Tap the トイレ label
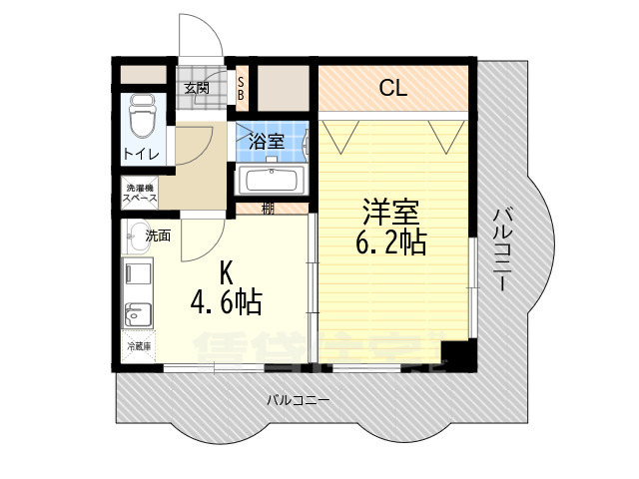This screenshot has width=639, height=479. [x=141, y=154]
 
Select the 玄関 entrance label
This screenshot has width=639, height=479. [x=197, y=88]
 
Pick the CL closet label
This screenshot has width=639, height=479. [x=393, y=88]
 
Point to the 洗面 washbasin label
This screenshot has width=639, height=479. [x=158, y=237]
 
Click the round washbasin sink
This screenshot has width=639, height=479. [x=135, y=237]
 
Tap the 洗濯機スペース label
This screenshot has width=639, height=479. [x=141, y=193]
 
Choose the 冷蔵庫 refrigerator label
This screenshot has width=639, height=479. [x=139, y=346]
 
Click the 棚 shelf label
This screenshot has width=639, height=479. [x=268, y=209]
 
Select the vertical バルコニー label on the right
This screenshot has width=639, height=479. [x=505, y=247]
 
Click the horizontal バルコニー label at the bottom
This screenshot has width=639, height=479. [x=299, y=400]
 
